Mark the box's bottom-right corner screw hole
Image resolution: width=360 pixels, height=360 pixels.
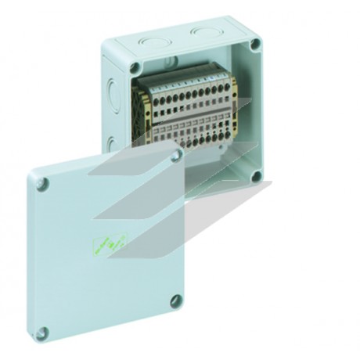point(255,177)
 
